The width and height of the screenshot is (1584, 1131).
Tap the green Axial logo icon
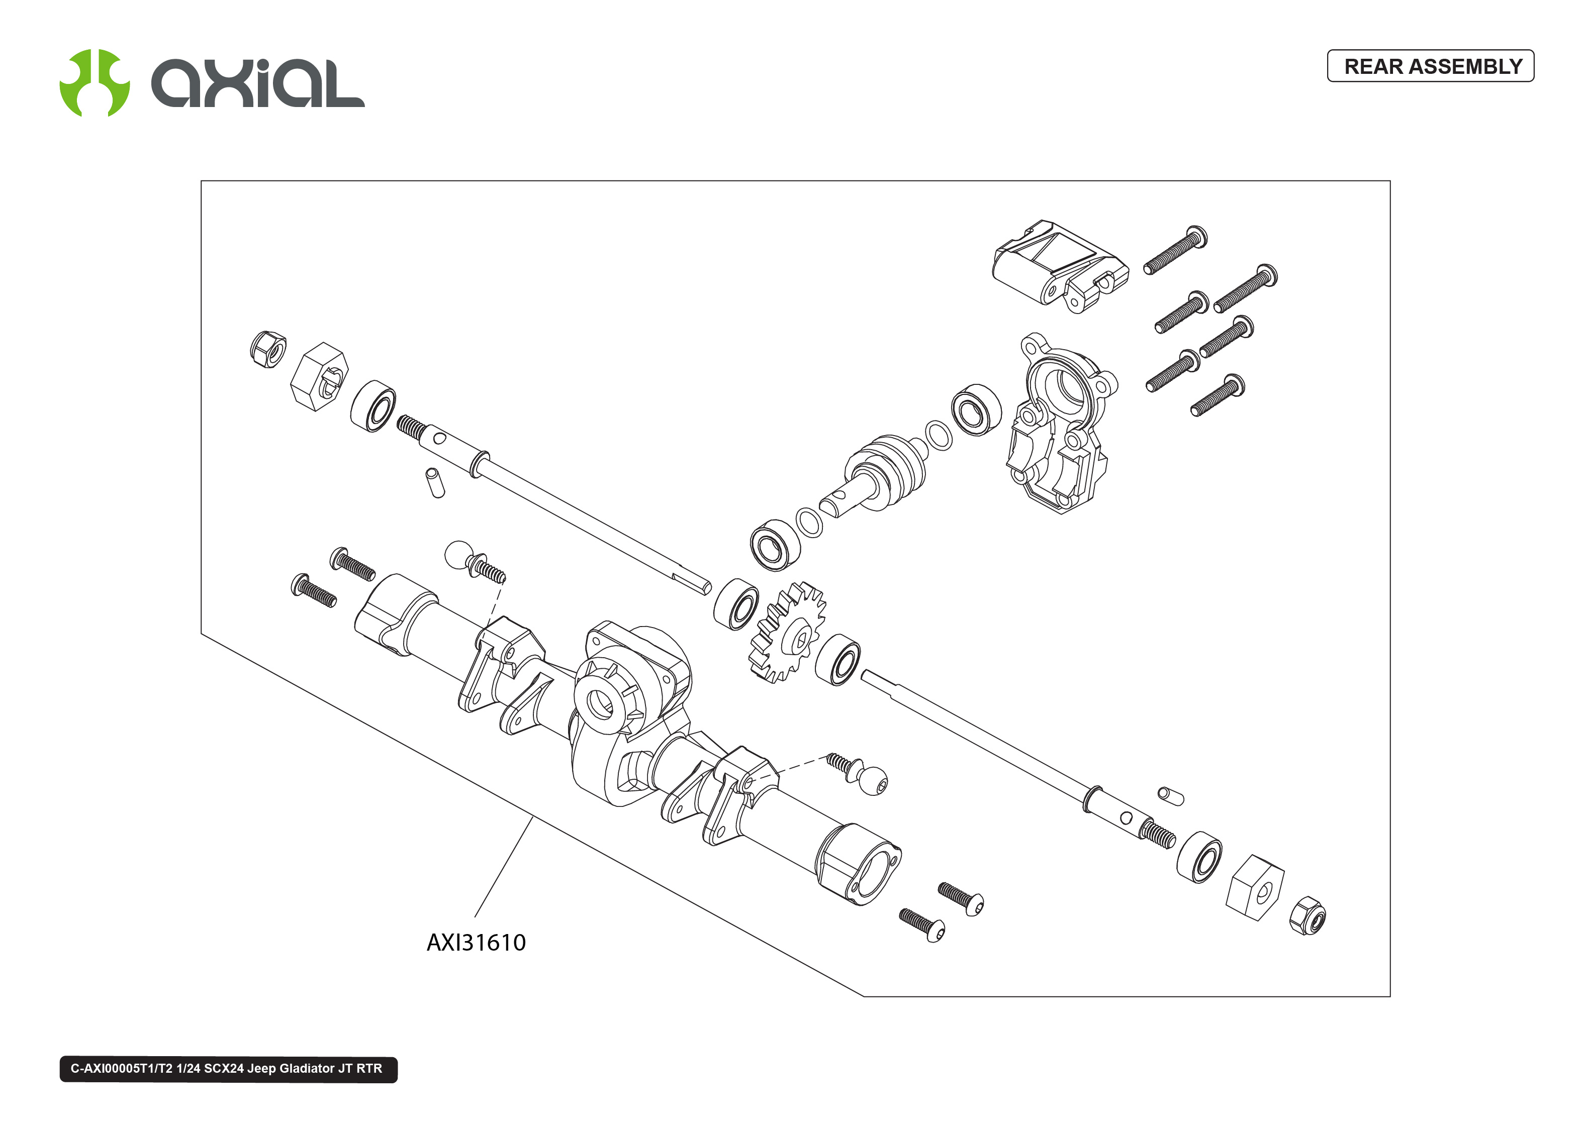[x=95, y=83]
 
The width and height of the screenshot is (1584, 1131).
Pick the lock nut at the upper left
[x=268, y=349]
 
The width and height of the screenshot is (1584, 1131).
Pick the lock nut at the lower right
[x=1308, y=916]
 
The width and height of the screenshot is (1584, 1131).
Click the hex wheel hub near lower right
[x=1255, y=887]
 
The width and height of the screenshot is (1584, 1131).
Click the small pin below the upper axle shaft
[x=435, y=483]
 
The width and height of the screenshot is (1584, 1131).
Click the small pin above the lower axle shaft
[x=1171, y=795]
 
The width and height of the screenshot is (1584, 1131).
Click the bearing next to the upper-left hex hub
[x=372, y=406]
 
